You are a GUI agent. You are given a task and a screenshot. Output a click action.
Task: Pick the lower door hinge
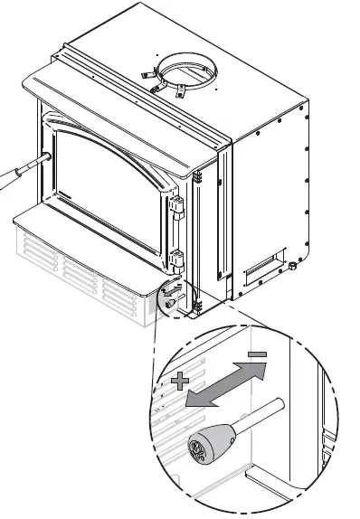[x=177, y=263]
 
